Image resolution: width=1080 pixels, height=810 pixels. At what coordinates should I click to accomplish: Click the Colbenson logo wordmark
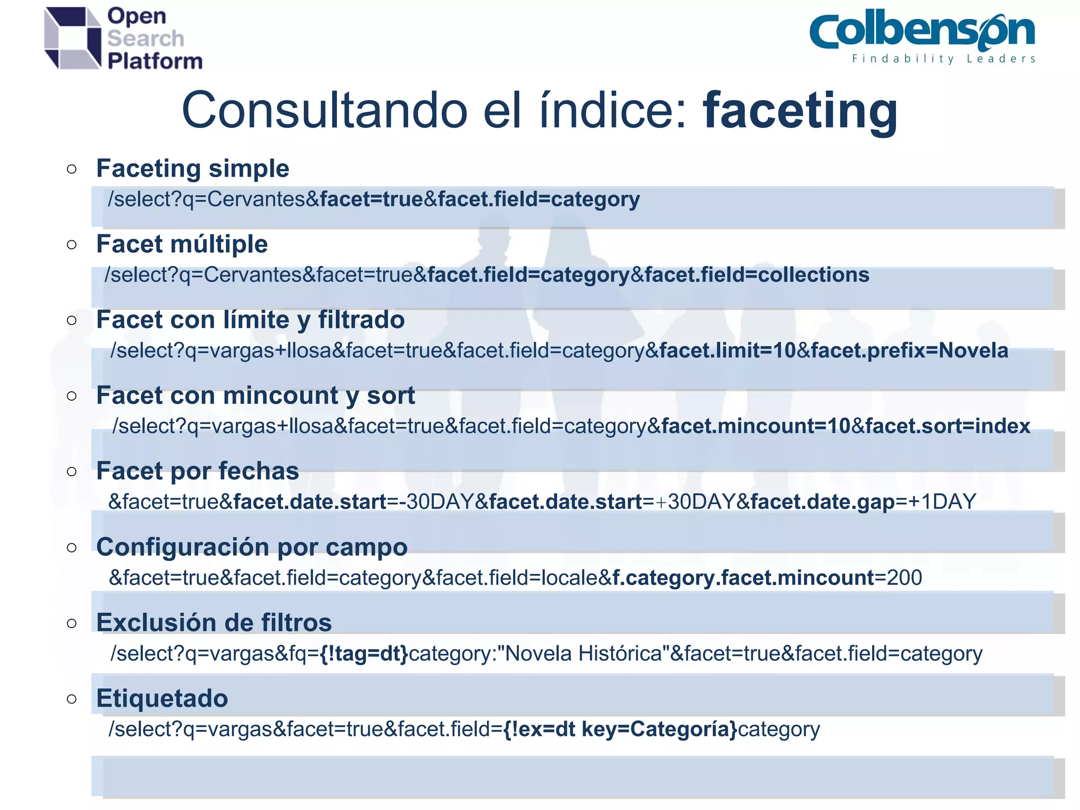(x=922, y=32)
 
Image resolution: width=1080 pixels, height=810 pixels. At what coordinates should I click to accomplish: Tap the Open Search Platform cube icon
(x=72, y=38)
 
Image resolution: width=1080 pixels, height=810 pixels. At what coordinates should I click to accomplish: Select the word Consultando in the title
(x=324, y=111)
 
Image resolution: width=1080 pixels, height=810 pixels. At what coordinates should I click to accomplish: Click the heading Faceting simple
(x=192, y=169)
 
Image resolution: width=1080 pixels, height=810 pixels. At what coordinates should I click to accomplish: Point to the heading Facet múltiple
(x=182, y=244)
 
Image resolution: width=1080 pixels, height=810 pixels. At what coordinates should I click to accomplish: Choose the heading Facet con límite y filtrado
(x=250, y=320)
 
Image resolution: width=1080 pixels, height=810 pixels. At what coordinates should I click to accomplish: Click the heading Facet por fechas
(x=197, y=471)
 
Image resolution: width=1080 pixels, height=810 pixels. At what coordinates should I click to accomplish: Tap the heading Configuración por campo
(x=252, y=547)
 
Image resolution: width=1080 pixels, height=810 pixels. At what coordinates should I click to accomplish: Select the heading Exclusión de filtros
(x=214, y=623)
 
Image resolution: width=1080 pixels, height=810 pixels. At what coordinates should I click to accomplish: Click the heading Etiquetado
(x=162, y=698)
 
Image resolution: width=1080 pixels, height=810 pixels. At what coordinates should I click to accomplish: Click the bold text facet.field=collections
(x=757, y=275)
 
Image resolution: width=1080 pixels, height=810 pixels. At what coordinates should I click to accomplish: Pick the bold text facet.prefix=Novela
(x=909, y=351)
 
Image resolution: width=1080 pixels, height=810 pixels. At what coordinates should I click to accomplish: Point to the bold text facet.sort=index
(x=948, y=426)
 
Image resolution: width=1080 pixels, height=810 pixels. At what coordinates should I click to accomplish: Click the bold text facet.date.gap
(x=823, y=502)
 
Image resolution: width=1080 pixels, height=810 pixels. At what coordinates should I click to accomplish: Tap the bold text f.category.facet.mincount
(x=744, y=578)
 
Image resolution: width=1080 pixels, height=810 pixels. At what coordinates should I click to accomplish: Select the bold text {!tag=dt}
(x=364, y=654)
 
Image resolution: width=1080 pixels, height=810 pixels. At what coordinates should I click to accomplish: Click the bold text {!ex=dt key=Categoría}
(x=620, y=729)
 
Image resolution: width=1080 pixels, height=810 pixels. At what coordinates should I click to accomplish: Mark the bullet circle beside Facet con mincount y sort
(x=72, y=396)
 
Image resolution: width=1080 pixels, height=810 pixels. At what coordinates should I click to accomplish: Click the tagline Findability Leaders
(x=943, y=59)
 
